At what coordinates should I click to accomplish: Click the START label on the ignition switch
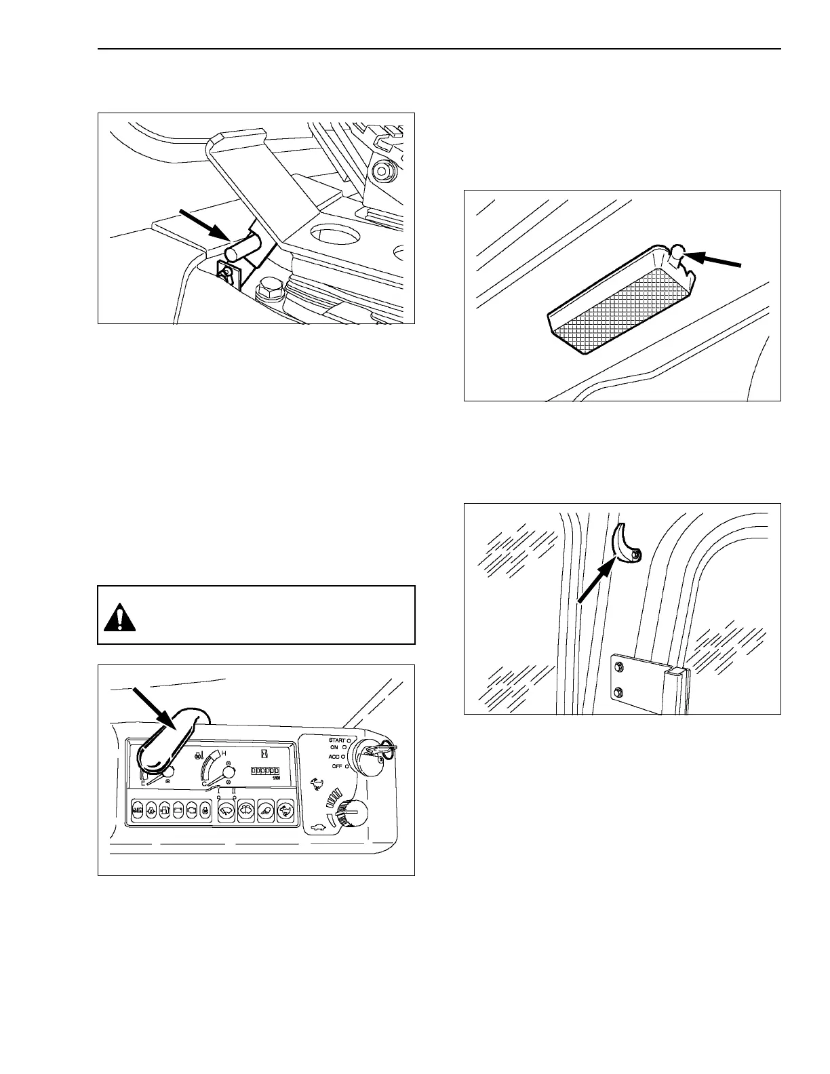pyautogui.click(x=336, y=740)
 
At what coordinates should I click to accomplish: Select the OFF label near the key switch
pyautogui.click(x=336, y=766)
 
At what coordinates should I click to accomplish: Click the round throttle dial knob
pyautogui.click(x=353, y=812)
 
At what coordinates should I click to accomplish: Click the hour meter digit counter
pyautogui.click(x=265, y=771)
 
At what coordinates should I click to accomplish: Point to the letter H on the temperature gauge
pyautogui.click(x=224, y=754)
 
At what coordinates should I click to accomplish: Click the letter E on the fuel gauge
pyautogui.click(x=142, y=783)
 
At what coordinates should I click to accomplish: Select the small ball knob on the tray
pyautogui.click(x=675, y=254)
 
